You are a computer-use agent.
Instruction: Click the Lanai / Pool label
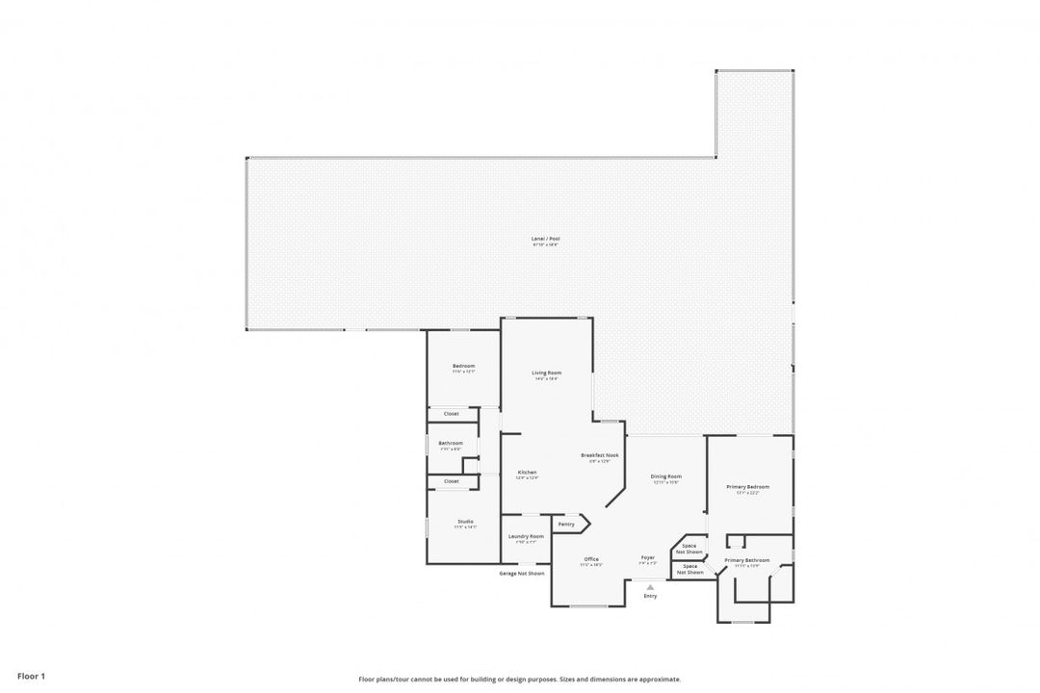[x=545, y=238]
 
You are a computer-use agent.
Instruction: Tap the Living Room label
[x=547, y=372]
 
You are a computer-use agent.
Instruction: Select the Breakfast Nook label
[x=599, y=455]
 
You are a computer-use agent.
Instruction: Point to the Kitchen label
[x=527, y=473]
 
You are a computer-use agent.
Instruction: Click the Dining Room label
[x=665, y=476]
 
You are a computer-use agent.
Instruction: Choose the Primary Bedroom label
[x=747, y=487]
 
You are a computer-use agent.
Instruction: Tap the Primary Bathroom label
[x=746, y=560]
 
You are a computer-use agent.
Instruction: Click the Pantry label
[x=566, y=525]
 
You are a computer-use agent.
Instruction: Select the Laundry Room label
[x=525, y=536]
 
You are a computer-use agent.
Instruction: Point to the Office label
[x=590, y=559]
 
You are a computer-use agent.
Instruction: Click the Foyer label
[x=648, y=558]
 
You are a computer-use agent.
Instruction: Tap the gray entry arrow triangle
[x=650, y=586]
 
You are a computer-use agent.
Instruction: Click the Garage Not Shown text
[x=521, y=573]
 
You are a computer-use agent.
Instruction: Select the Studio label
[x=465, y=522]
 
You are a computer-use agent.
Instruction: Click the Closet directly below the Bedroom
[x=451, y=414]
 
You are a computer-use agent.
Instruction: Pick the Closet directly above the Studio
[x=451, y=481]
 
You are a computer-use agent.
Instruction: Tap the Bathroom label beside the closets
[x=451, y=443]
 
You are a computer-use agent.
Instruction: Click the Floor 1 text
[x=31, y=677]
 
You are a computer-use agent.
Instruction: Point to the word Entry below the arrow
[x=650, y=596]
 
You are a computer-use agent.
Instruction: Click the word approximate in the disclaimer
[x=658, y=679]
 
